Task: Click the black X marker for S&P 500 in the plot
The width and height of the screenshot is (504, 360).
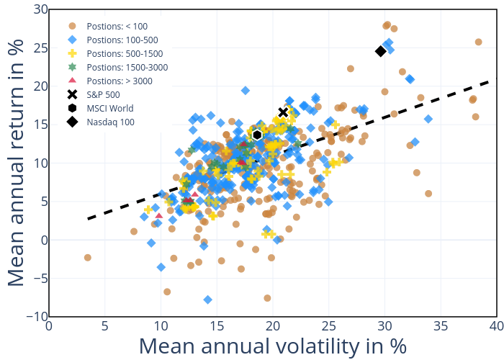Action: click(284, 112)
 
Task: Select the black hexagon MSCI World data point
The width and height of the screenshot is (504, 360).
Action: click(257, 135)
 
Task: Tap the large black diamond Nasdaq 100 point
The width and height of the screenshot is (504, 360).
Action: click(381, 51)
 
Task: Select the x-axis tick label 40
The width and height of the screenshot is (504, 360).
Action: click(496, 327)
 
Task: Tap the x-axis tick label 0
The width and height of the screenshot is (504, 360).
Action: click(49, 327)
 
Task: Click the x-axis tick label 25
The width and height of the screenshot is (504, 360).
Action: click(328, 327)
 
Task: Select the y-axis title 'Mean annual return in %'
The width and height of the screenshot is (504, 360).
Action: click(17, 163)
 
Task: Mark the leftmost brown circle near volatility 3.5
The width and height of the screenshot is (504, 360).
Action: click(88, 258)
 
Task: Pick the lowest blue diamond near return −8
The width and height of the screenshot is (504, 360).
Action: click(208, 300)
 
